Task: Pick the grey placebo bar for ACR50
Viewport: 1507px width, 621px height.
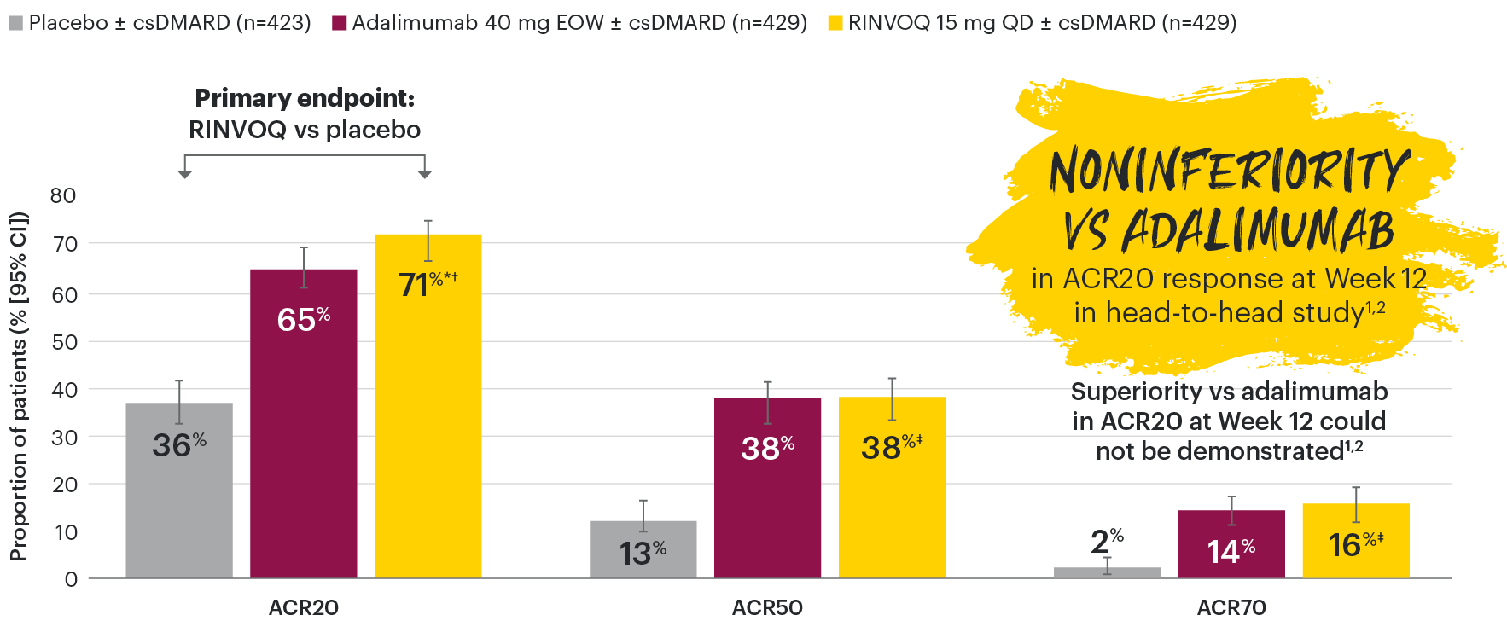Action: [x=643, y=549]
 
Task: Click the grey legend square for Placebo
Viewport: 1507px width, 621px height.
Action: [x=15, y=23]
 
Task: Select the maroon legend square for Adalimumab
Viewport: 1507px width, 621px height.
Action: [x=339, y=23]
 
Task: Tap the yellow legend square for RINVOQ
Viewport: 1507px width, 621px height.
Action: [x=835, y=23]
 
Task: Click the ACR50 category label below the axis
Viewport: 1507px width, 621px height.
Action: [x=767, y=607]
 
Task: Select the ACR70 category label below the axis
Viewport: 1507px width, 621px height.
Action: [x=1231, y=607]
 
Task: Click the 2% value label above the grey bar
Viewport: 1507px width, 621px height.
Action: [x=1106, y=541]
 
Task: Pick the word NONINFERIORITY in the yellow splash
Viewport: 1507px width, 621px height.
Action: [x=1229, y=171]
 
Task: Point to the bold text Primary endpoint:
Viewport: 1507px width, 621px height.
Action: [x=305, y=98]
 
